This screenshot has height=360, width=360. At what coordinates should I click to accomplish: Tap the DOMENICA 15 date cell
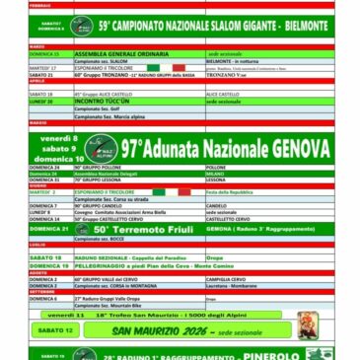click(x=48, y=53)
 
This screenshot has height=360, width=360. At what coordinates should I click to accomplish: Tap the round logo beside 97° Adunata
click(x=101, y=149)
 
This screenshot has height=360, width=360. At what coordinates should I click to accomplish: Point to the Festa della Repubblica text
click(x=231, y=192)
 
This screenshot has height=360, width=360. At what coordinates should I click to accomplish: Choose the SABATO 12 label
click(x=56, y=330)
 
